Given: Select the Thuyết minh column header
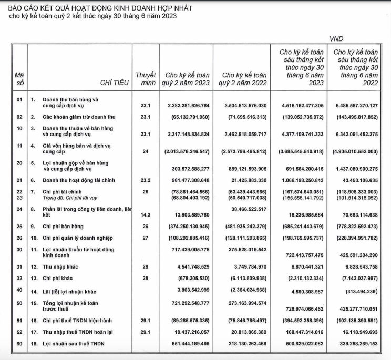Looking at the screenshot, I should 146,79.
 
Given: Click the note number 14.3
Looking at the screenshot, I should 146,214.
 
